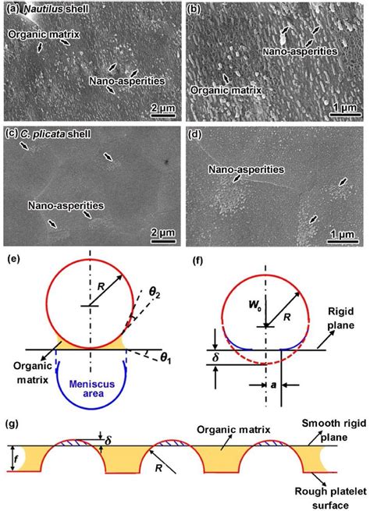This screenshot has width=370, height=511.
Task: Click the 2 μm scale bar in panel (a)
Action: point(163,115)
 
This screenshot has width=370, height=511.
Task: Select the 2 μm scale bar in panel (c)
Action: point(163,241)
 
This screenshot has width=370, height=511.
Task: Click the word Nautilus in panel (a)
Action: point(43,9)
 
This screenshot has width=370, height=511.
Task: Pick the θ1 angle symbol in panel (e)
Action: point(165,359)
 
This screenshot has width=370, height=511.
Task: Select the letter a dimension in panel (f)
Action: point(273,385)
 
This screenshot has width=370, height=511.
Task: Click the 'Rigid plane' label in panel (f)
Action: point(340,318)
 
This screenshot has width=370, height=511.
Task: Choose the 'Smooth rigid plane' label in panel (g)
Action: point(334,430)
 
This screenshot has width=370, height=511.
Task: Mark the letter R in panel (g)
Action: point(158,468)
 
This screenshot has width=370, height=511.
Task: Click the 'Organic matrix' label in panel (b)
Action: point(226,90)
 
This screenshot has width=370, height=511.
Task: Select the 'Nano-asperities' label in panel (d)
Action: point(246,169)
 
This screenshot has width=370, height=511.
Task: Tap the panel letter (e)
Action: point(16,259)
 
